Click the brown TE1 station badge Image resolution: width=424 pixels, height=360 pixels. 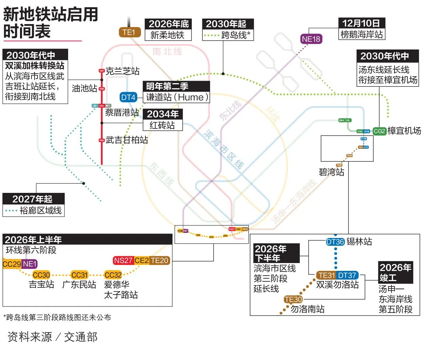pyautogui.click(x=129, y=32)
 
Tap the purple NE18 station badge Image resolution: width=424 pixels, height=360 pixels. pyautogui.click(x=311, y=39)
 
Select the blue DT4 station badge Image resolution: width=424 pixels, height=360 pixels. pyautogui.click(x=128, y=97)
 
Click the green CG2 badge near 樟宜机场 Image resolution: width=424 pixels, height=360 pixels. pyautogui.click(x=379, y=131)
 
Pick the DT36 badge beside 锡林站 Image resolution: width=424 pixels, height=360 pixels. pyautogui.click(x=335, y=242)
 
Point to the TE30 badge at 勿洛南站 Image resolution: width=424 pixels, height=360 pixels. pyautogui.click(x=293, y=299)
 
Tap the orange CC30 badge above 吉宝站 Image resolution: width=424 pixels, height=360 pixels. pyautogui.click(x=41, y=275)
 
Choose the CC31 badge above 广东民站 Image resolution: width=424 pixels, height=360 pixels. pyautogui.click(x=80, y=275)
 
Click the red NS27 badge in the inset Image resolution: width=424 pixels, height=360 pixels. pyautogui.click(x=123, y=260)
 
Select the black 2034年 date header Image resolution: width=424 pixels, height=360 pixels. pyautogui.click(x=163, y=114)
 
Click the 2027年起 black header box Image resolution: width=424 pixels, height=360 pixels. pyautogui.click(x=33, y=199)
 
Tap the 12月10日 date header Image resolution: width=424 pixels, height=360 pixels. pyautogui.click(x=361, y=23)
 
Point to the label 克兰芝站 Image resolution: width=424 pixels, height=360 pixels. pyautogui.click(x=122, y=71)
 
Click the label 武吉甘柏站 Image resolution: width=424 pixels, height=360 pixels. pyautogui.click(x=127, y=140)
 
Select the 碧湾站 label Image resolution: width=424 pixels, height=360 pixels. pyautogui.click(x=331, y=172)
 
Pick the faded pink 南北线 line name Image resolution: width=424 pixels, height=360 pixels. pyautogui.click(x=167, y=52)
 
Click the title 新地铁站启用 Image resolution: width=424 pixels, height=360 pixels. pyautogui.click(x=51, y=14)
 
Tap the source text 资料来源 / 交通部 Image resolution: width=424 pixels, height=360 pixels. pyautogui.click(x=53, y=337)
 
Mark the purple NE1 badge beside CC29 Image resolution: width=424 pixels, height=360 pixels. pyautogui.click(x=29, y=264)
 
